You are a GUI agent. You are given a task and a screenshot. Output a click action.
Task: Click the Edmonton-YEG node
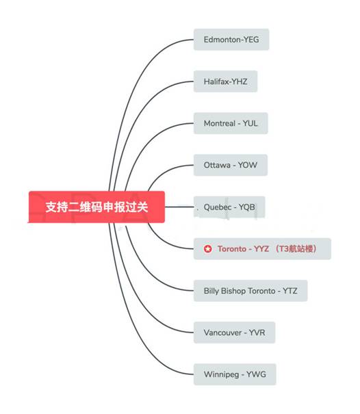point(231,40)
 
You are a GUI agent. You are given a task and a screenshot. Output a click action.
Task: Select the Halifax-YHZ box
point(226,81)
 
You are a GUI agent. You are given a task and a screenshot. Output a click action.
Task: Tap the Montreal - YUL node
point(231,123)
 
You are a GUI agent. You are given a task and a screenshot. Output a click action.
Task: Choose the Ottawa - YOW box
point(231,165)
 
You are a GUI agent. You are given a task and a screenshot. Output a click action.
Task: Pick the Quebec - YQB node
point(229,207)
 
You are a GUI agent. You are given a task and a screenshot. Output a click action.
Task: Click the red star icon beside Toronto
point(208,248)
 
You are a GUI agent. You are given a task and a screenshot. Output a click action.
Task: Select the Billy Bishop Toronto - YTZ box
point(250,291)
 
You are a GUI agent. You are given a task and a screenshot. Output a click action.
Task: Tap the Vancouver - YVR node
point(235,333)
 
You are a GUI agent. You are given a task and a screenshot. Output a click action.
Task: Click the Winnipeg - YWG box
point(235,374)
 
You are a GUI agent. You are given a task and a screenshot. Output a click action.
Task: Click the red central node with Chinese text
point(97,207)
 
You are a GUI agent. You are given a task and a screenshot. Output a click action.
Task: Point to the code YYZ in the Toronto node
point(261,248)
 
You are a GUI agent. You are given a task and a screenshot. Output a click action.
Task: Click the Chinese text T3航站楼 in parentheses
point(296,248)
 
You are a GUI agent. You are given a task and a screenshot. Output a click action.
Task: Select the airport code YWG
point(256,374)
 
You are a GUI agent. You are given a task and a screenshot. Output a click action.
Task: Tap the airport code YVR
point(257,333)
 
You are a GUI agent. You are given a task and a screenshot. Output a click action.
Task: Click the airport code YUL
point(250,123)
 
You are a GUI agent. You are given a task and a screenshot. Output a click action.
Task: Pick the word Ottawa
point(217,165)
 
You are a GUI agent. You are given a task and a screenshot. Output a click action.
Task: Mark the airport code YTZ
point(290,291)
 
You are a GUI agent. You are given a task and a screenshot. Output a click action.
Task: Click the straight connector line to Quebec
point(179,207)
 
